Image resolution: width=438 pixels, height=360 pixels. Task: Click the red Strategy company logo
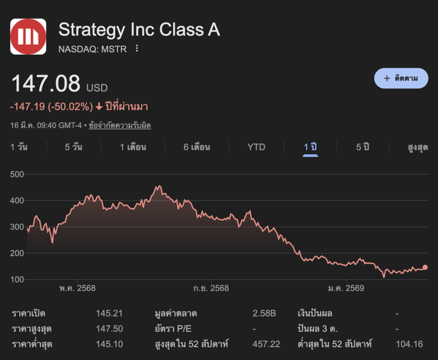point(28,36)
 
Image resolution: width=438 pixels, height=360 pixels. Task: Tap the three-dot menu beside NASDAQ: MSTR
point(137,48)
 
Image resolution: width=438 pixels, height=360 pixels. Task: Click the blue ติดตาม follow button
point(401,78)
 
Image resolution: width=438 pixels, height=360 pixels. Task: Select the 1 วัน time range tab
point(19,147)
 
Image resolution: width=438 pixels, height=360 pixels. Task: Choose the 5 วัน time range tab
point(74,147)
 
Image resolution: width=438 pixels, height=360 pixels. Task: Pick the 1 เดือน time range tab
point(133,147)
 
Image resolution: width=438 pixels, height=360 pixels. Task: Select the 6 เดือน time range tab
point(197,147)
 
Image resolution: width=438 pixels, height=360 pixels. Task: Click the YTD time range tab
point(256,147)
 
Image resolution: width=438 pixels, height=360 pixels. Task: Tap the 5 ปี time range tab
point(363,147)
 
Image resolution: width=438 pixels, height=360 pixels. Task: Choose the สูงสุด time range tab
point(417,147)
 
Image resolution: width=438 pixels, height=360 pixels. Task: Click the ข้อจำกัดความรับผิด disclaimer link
point(120,126)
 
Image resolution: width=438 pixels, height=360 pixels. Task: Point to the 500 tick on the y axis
point(17,174)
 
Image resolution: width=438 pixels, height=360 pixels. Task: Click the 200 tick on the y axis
point(17,253)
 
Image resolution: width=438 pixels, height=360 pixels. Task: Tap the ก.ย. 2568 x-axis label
point(211,288)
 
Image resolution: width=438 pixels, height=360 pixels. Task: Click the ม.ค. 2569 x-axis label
point(346,288)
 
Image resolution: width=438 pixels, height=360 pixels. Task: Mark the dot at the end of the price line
point(425,268)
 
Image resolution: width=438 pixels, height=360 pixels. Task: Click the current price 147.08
point(46,83)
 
